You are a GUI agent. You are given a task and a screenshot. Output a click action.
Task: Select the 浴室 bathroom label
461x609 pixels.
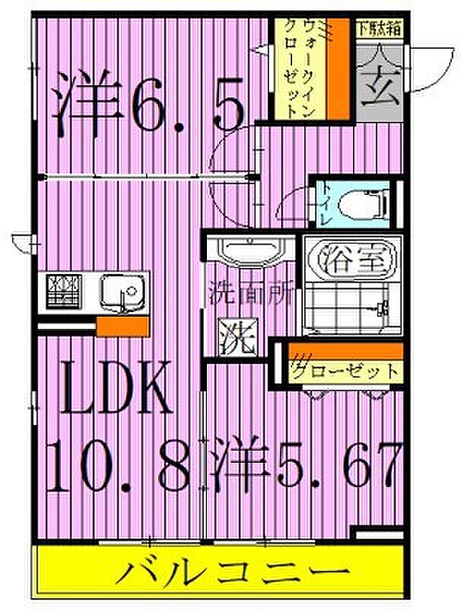point(350,259)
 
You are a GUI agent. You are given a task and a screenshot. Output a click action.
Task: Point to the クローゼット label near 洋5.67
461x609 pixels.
point(346,372)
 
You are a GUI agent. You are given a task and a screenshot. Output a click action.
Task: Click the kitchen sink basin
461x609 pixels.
point(121,292)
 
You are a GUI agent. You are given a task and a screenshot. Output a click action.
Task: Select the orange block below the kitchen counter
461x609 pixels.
point(122,327)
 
